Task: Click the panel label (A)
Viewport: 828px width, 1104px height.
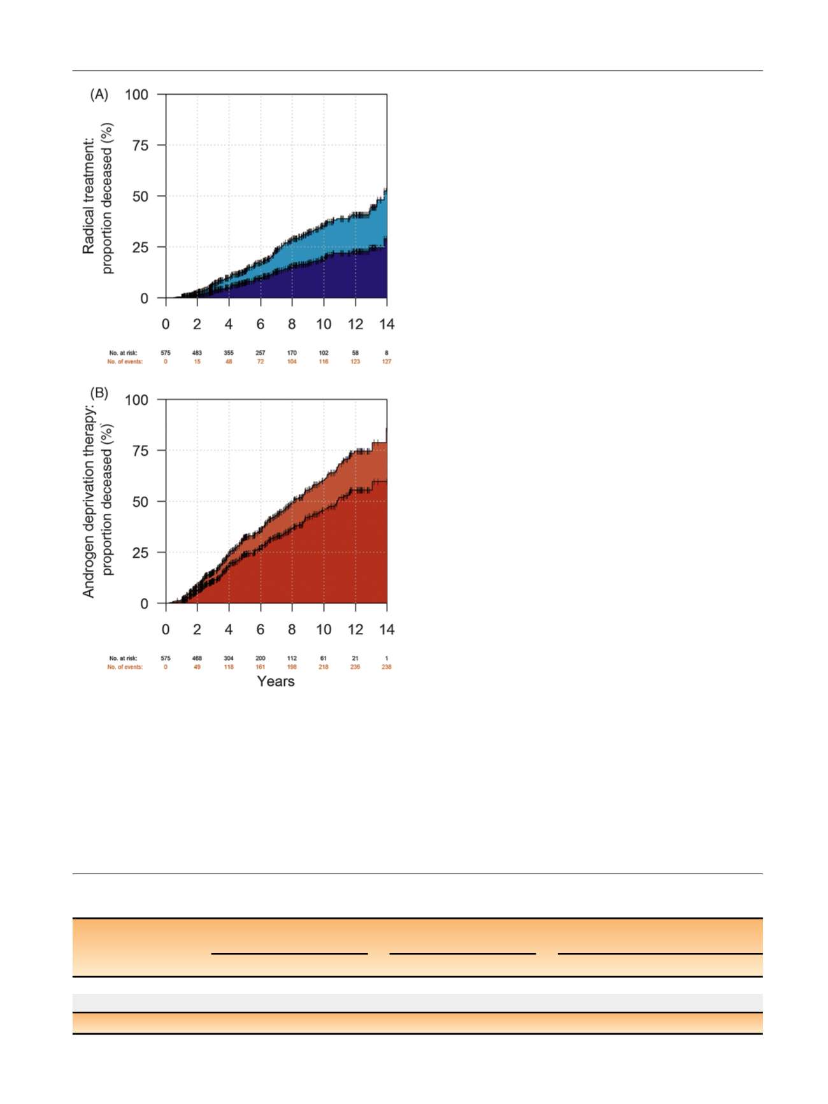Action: [x=99, y=95]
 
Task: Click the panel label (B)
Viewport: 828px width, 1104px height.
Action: [x=99, y=392]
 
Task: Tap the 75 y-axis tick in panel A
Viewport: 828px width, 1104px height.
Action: [x=140, y=146]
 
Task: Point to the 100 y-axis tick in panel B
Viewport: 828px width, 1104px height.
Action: [x=136, y=400]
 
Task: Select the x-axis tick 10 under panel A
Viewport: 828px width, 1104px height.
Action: [x=324, y=325]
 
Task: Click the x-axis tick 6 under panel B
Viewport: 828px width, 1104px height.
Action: [x=261, y=630]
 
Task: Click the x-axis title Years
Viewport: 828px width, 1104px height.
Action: [x=276, y=681]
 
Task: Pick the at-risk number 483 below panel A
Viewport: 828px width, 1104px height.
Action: [x=197, y=353]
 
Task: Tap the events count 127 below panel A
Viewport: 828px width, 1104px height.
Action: [x=387, y=362]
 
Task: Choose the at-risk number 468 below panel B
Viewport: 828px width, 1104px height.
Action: [x=197, y=658]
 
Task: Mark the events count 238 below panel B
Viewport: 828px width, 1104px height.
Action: [x=387, y=667]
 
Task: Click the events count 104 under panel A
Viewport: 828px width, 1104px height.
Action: [x=292, y=362]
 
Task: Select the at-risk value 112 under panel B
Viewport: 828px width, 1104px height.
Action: [x=292, y=658]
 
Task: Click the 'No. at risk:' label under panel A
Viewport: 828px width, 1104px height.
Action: [x=123, y=353]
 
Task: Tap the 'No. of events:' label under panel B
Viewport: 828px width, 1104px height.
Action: [x=125, y=667]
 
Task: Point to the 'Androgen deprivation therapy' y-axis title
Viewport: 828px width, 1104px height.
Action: [x=89, y=502]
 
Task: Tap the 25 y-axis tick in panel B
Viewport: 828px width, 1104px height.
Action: [x=140, y=553]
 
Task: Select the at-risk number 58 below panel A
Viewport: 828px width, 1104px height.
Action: [x=355, y=353]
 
